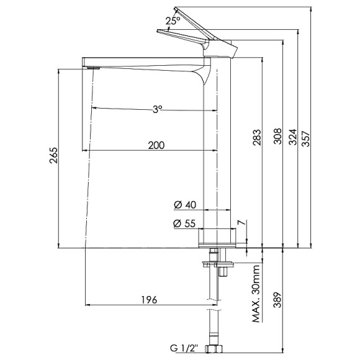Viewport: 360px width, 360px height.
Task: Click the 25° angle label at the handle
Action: (173, 20)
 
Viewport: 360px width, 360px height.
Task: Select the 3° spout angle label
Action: (158, 108)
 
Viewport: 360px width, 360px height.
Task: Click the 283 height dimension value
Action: (258, 137)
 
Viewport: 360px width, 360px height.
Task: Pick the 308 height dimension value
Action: (277, 137)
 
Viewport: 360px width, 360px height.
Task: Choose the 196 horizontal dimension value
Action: (148, 300)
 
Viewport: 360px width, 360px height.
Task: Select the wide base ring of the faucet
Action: (217, 237)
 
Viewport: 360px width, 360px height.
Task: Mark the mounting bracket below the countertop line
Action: (217, 265)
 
